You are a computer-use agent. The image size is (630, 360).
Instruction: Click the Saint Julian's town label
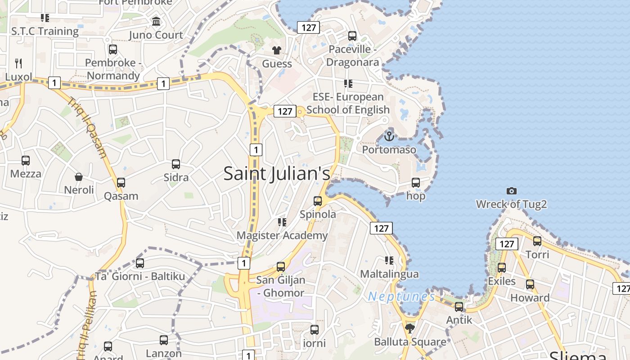pos(277,174)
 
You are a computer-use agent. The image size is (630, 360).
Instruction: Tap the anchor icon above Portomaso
pos(389,135)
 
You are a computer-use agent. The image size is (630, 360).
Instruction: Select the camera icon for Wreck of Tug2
pos(511,191)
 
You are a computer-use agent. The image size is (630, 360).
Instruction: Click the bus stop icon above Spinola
pos(318,201)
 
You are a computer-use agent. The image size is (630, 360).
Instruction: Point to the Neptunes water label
pos(401,297)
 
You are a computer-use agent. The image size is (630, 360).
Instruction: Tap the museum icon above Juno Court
pos(156,21)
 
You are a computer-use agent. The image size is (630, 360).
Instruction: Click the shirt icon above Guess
pos(277,50)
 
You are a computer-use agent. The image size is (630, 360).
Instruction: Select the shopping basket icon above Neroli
pos(79,177)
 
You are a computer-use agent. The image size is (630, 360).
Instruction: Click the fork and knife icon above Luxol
pos(18,63)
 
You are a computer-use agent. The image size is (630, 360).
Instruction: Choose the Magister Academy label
pos(282,235)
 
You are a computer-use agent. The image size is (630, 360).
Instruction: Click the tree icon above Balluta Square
pos(409,328)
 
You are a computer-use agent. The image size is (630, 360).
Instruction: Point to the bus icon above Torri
pos(537,241)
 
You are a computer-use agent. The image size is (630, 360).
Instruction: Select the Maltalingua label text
pos(389,274)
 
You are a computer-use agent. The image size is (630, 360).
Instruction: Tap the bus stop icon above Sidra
pos(176,164)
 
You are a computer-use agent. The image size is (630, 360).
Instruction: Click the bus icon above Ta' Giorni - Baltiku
pos(140,263)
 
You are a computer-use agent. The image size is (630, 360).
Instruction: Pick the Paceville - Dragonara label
pos(352,56)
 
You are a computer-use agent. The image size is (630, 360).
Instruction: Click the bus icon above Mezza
pos(26,160)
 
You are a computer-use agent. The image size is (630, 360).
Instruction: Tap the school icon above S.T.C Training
pos(45,18)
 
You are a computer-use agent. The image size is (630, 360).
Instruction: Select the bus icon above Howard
pos(530,284)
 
